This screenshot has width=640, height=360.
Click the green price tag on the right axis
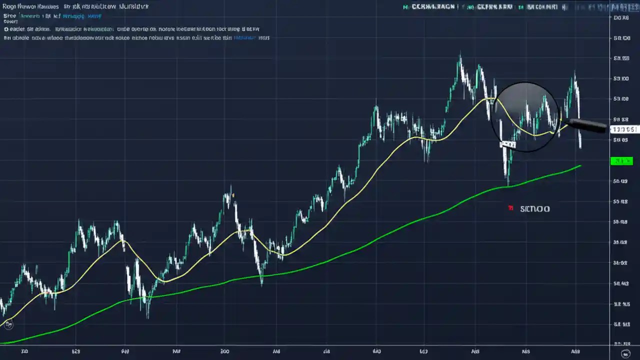621,161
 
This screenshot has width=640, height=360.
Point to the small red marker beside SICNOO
510,208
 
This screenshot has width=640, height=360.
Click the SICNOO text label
534,208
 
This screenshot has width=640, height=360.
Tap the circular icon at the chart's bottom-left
8,324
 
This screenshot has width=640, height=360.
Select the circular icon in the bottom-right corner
625,353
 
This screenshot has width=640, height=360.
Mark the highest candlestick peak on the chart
460,56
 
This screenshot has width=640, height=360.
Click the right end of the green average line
580,165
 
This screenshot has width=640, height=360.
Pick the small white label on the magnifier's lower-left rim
507,144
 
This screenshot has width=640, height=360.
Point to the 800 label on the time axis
225,351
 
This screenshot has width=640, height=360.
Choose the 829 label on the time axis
76,351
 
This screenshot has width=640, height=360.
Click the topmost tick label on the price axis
621,17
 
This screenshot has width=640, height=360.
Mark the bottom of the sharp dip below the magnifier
508,184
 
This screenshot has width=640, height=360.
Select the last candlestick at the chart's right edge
580,142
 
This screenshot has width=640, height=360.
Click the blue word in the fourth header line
245,37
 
